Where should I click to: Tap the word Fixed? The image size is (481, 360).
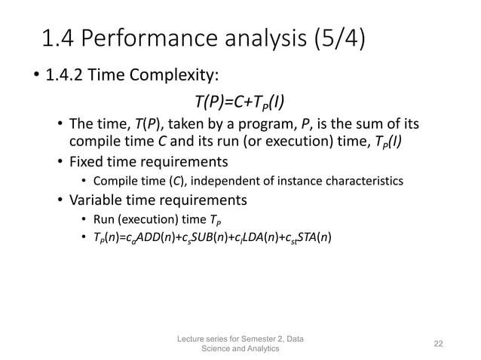point(90,161)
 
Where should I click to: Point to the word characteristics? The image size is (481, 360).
point(359,181)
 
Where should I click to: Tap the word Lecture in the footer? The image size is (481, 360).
point(191,337)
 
